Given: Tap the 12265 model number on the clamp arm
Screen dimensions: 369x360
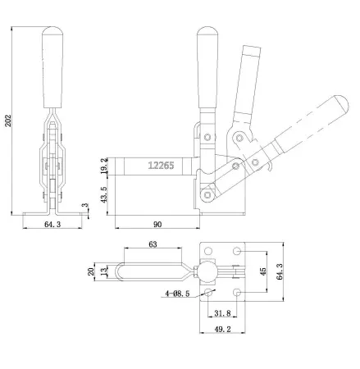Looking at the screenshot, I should click(160, 165).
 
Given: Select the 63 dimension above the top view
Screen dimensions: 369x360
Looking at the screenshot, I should click(153, 244).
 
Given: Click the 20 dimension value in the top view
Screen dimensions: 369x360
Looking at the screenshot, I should click(91, 271).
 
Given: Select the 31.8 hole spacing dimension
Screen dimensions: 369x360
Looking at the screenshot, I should click(221, 312).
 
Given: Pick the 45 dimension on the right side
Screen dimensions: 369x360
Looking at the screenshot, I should click(262, 271).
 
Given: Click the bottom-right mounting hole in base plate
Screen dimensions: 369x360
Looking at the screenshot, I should click(237, 292).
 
